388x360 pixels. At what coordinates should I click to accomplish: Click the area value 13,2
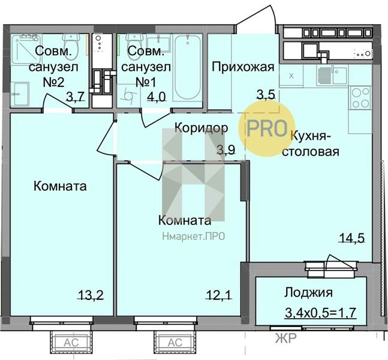[91, 295]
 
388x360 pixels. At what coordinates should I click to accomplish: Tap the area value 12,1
[219, 295]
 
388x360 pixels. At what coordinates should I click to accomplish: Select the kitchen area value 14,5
[352, 238]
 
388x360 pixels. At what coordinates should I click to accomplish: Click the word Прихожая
[243, 67]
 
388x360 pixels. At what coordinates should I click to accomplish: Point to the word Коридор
[201, 128]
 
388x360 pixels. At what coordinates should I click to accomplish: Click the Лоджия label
[308, 293]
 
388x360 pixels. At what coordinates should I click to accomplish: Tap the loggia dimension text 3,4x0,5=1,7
[321, 313]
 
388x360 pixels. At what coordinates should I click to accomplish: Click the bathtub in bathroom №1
[187, 68]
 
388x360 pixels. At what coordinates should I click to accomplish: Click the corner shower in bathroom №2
[26, 48]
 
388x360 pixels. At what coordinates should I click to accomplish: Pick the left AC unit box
[71, 343]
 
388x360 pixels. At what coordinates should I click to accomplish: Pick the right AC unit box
[175, 343]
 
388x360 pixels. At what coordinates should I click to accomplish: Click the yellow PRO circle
[267, 129]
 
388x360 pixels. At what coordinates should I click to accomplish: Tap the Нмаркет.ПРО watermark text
[194, 236]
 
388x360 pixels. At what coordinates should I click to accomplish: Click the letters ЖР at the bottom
[286, 338]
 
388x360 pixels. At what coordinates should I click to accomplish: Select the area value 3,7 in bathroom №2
[76, 97]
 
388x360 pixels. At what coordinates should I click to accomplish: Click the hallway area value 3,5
[266, 95]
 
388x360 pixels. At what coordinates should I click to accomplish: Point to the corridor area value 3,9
[226, 150]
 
